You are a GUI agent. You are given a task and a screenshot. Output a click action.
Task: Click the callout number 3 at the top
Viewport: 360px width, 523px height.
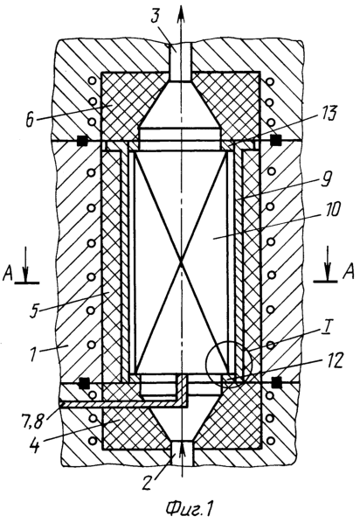[156, 16]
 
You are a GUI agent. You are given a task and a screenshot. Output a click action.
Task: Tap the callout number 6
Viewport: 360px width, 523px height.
[31, 120]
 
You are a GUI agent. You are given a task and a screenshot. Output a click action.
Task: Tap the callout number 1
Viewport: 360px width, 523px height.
[33, 352]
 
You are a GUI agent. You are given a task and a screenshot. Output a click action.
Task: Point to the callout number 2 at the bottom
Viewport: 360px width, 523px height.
[148, 480]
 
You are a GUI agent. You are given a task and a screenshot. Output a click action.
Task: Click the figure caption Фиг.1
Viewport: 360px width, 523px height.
[189, 508]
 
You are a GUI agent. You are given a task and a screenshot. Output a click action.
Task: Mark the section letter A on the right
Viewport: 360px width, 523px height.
[348, 274]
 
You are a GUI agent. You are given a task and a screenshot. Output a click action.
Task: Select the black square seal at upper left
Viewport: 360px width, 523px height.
[81, 141]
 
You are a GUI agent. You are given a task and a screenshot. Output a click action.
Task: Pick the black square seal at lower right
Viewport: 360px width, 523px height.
[276, 383]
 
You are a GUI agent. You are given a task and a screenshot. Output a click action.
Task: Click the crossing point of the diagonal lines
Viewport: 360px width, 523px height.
[181, 262]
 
